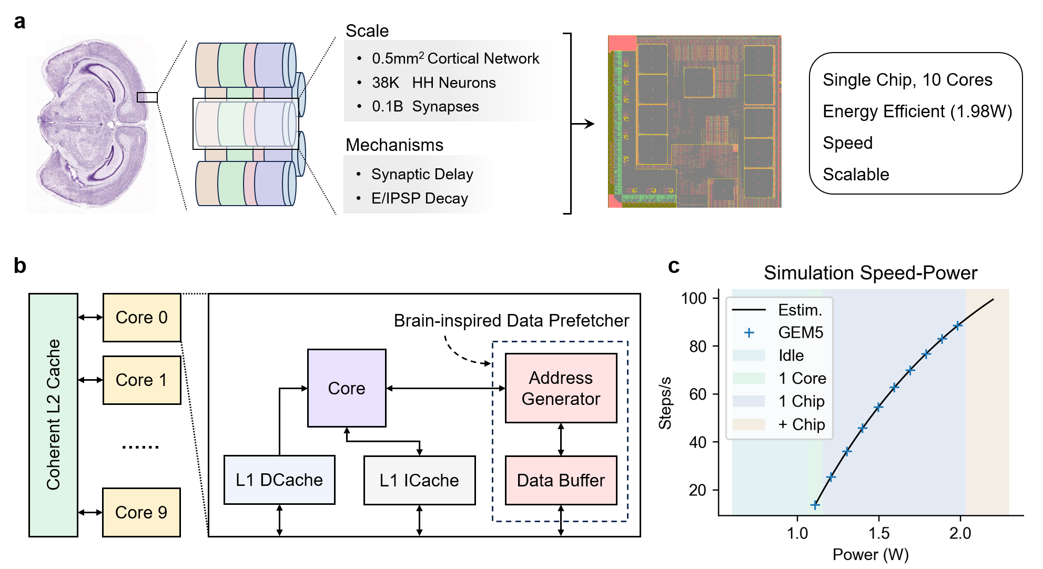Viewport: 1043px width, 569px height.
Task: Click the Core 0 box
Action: pyautogui.click(x=141, y=318)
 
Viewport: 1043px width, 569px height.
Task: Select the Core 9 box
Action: pyautogui.click(x=141, y=512)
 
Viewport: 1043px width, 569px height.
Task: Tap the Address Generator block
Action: pyautogui.click(x=561, y=388)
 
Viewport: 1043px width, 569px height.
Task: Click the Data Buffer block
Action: pyautogui.click(x=561, y=480)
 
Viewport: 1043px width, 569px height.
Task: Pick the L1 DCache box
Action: pyautogui.click(x=279, y=480)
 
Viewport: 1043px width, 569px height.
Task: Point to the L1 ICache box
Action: pyautogui.click(x=419, y=480)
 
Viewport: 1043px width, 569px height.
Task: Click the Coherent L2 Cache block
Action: pyautogui.click(x=53, y=415)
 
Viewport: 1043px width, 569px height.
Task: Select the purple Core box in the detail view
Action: pyautogui.click(x=347, y=388)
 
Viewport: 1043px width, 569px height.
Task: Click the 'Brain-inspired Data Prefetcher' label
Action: pyautogui.click(x=511, y=320)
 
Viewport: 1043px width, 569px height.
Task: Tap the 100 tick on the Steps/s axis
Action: pyautogui.click(x=694, y=298)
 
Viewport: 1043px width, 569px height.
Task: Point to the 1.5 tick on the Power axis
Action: pyautogui.click(x=879, y=533)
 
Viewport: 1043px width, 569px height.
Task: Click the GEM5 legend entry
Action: pyautogui.click(x=800, y=332)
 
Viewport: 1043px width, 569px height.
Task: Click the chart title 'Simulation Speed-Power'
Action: pyautogui.click(x=870, y=273)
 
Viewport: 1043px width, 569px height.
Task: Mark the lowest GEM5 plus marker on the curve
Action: pyautogui.click(x=815, y=505)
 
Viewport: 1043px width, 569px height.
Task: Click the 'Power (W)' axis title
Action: pyautogui.click(x=870, y=554)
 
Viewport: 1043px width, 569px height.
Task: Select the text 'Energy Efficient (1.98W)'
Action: pyautogui.click(x=917, y=111)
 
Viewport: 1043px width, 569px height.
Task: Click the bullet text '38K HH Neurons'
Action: pyautogui.click(x=433, y=83)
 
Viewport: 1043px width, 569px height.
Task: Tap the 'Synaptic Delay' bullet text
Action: pyautogui.click(x=422, y=174)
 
